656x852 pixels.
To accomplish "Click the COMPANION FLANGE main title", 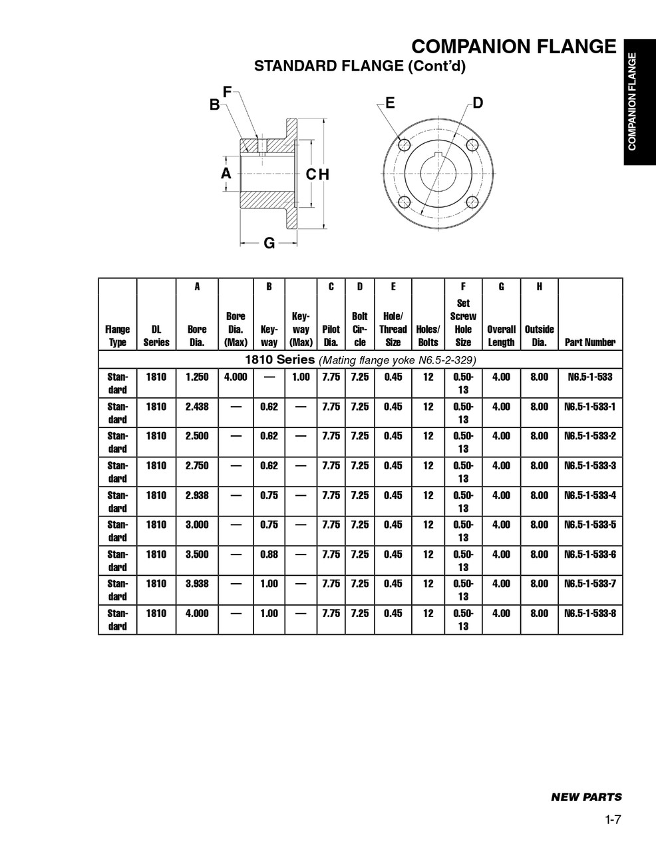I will [x=514, y=47].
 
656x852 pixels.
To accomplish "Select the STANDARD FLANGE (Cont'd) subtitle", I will [x=360, y=66].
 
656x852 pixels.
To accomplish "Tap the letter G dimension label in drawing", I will [x=269, y=243].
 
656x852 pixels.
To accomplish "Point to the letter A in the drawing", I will [x=226, y=173].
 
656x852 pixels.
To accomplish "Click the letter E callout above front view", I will [x=390, y=103].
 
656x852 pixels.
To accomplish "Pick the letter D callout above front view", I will [x=478, y=103].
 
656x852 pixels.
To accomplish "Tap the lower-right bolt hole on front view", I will [x=472, y=202].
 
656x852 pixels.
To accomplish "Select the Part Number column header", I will [x=589, y=342].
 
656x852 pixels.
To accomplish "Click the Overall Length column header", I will [x=501, y=335].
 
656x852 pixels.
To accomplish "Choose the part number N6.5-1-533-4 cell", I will [x=589, y=495].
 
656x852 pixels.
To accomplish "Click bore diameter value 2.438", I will [x=197, y=407].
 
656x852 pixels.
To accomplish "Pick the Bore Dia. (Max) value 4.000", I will [x=236, y=377].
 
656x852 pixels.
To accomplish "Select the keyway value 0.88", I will [x=269, y=554].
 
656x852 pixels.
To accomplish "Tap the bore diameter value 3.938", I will [x=197, y=584].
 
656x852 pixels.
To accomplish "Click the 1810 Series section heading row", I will [x=360, y=360].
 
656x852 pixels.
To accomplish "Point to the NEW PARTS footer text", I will [x=586, y=797].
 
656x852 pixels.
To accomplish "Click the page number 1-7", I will [x=613, y=820].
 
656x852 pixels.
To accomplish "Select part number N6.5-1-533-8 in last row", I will [x=589, y=613].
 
